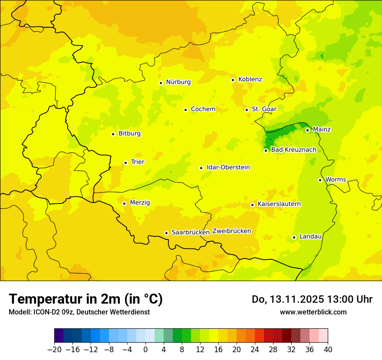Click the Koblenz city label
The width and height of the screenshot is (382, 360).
pos(250,79)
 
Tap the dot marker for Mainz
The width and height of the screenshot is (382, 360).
pos(307,130)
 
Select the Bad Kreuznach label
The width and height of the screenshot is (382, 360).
pos(293,150)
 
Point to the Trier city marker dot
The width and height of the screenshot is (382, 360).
pos(125,163)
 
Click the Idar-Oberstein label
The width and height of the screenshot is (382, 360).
pos(228,167)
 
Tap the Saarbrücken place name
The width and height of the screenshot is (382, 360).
pos(191,232)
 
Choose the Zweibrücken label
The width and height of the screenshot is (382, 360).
pos(232,231)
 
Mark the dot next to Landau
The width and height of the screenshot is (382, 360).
pos(294,237)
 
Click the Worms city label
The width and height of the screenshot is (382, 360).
pos(336,180)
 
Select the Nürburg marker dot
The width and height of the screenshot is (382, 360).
pos(161,83)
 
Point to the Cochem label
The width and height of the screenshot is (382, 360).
pos(203,109)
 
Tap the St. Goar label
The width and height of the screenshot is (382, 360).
pos(264,109)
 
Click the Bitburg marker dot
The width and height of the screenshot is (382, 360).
pos(113,134)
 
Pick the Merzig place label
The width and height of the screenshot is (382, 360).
pos(140,203)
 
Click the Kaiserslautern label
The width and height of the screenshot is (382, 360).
pos(279,204)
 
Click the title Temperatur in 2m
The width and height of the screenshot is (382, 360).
pos(86,299)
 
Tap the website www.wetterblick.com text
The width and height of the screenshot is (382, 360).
pos(313,312)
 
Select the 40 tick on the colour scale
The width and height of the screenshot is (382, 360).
pos(328,350)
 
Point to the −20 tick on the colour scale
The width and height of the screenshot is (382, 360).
pos(54,350)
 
